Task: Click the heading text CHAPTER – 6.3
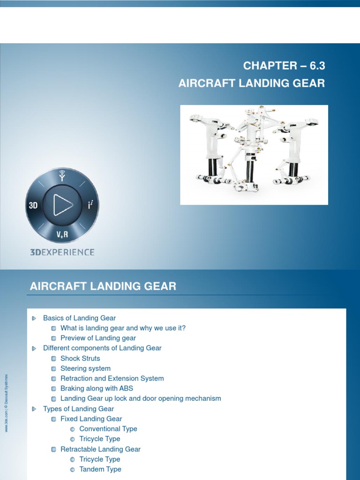coord(284,66)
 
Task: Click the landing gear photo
coord(254,155)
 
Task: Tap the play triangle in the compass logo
coord(62,204)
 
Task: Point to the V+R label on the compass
coord(63,233)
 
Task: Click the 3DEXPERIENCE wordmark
coord(62,252)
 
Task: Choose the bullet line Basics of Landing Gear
coord(79,318)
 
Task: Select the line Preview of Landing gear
coord(98,338)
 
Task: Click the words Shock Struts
coord(80,359)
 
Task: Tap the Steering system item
coord(85,368)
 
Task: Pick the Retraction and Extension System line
coord(112,378)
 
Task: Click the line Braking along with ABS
coord(97,389)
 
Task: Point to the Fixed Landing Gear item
coord(91,419)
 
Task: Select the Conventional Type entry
coord(108,429)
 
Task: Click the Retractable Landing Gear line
coord(100,449)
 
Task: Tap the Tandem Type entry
coord(100,469)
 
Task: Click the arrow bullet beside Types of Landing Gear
coord(34,409)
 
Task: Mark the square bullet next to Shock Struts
coord(54,359)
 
